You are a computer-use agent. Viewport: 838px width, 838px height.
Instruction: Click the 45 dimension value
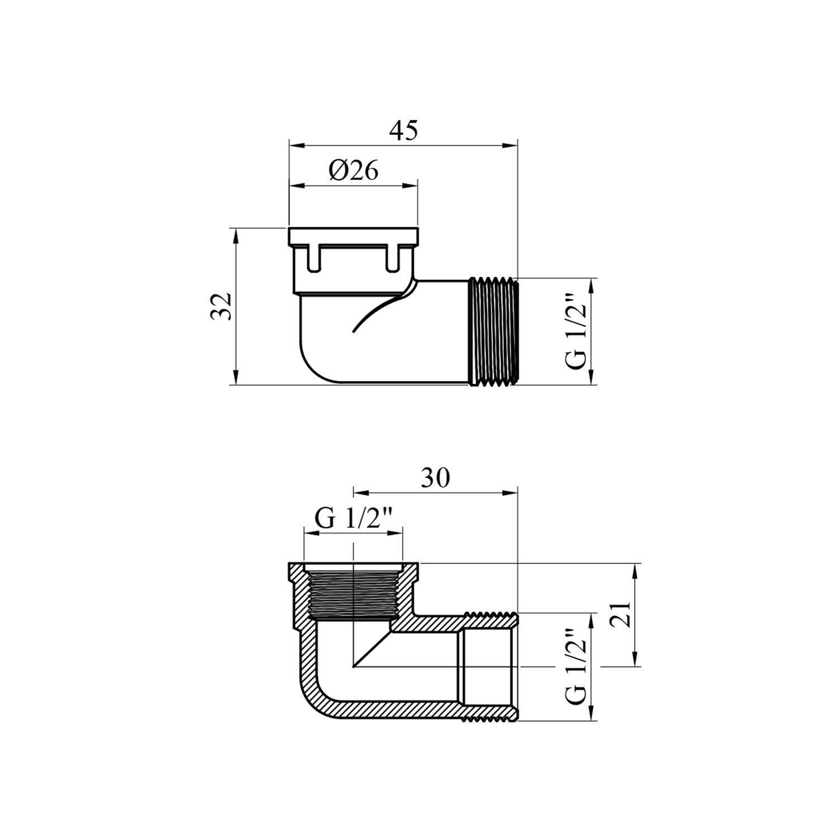[x=403, y=130]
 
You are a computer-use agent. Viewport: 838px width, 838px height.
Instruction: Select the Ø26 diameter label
[x=354, y=170]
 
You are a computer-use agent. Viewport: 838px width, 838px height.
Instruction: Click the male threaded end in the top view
[x=493, y=331]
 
